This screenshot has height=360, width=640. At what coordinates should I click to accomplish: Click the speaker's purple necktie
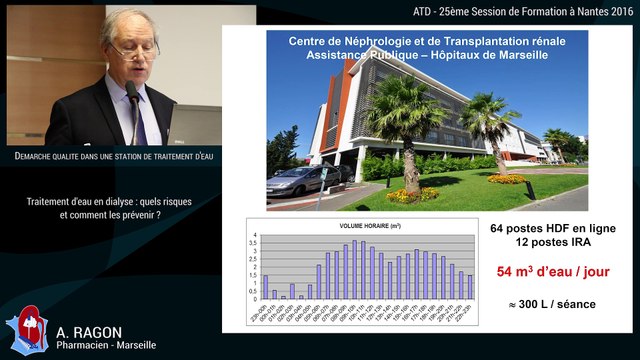(x=140, y=120)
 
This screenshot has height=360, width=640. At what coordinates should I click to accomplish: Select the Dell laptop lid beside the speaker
(x=195, y=124)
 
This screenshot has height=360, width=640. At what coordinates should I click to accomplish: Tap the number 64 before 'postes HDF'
(x=501, y=227)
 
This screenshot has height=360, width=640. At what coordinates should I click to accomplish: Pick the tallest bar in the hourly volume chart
(x=354, y=270)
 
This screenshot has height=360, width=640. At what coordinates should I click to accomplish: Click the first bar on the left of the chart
(x=265, y=287)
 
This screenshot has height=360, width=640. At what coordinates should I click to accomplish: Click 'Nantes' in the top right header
(x=586, y=10)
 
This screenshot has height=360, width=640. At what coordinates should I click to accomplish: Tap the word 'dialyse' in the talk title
(x=119, y=201)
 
